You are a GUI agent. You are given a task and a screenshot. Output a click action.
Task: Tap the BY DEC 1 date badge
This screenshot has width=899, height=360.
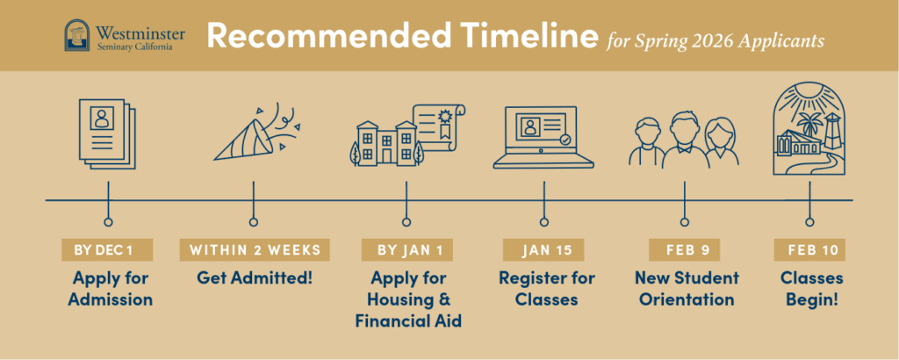(x=107, y=250)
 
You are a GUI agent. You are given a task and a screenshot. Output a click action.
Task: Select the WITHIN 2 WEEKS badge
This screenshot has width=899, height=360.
(x=255, y=250)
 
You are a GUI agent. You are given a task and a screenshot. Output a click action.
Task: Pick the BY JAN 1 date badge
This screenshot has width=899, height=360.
(x=407, y=250)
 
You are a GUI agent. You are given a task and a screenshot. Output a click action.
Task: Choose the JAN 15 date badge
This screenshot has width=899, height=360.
(x=543, y=250)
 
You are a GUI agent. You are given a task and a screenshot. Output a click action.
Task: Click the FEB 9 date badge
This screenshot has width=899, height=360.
(x=684, y=250)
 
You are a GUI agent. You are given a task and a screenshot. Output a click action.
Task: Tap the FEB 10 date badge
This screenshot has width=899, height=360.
(x=809, y=250)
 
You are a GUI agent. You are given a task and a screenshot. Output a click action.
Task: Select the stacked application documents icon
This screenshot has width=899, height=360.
(x=107, y=133)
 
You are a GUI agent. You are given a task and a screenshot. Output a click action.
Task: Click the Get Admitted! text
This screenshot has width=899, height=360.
(x=255, y=278)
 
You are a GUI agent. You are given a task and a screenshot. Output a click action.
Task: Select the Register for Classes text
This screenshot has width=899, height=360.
(x=546, y=289)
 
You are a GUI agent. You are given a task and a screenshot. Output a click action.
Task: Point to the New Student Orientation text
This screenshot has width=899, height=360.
(x=687, y=289)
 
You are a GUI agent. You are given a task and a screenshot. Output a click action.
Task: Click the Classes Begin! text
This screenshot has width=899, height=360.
(x=811, y=289)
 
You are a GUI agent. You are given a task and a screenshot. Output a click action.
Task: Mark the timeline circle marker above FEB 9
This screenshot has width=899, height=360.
(x=684, y=222)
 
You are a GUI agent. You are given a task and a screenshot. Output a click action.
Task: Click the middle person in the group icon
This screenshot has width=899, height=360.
(x=685, y=140)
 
